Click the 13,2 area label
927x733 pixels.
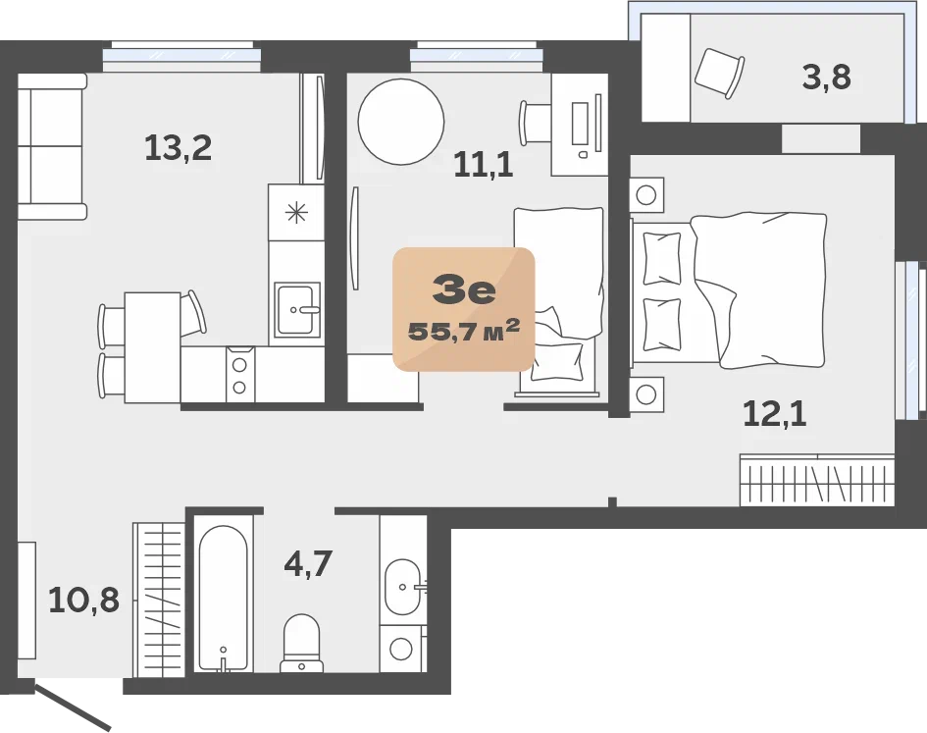click(178, 148)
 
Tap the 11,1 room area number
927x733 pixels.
click(483, 165)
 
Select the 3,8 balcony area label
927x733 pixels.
click(827, 77)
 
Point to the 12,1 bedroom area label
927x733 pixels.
click(775, 413)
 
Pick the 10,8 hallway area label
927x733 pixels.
click(84, 600)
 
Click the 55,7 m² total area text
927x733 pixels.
click(464, 331)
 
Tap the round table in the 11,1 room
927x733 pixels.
click(401, 122)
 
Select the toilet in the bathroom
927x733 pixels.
click(301, 643)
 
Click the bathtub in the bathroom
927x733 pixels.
click(223, 599)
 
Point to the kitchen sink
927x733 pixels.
click(297, 309)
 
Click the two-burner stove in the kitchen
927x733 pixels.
click(239, 375)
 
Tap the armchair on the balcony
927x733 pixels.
click(719, 73)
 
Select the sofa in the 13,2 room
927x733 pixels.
click(52, 146)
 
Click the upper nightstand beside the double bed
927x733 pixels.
click(646, 194)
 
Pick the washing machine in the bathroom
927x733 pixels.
click(402, 649)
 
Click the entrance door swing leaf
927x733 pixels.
click(74, 707)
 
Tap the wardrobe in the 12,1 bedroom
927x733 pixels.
click(816, 480)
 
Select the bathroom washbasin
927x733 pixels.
click(403, 587)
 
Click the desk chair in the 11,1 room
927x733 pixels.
click(535, 123)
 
